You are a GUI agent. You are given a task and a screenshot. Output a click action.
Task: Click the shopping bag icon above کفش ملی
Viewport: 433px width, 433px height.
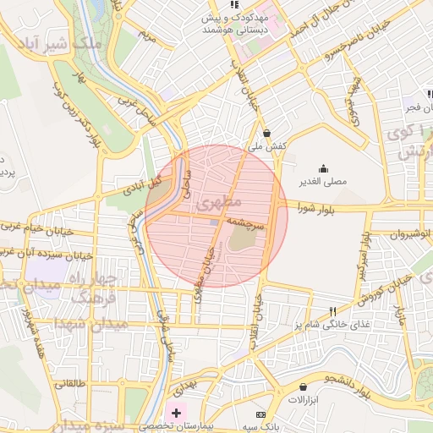point(267,133)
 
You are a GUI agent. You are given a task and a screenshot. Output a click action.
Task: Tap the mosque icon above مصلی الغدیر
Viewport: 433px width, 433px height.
point(323,167)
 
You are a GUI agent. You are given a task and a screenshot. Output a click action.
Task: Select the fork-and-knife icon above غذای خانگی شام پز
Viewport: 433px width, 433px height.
point(332,311)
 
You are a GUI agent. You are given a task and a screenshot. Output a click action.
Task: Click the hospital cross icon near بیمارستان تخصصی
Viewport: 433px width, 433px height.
point(176,413)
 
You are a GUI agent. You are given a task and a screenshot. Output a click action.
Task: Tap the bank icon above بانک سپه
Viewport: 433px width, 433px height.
point(260,414)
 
